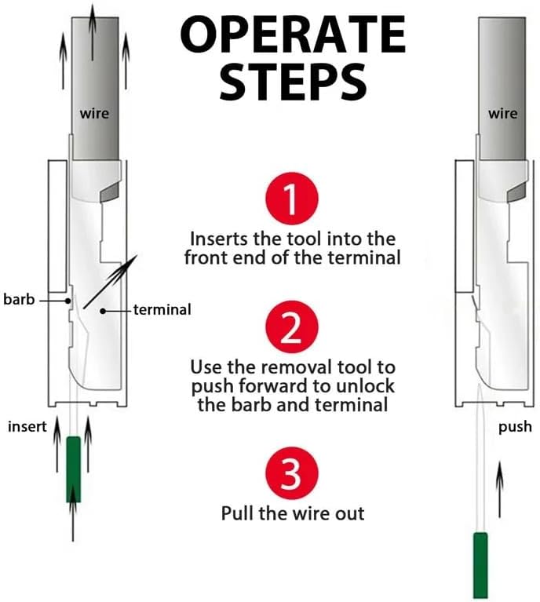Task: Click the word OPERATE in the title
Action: tap(293, 35)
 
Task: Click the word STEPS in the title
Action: tap(293, 82)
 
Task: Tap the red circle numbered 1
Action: tap(292, 198)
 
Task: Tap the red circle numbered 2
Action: tap(292, 327)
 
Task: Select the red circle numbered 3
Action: tap(292, 473)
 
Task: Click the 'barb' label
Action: tap(19, 299)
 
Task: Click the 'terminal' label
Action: tap(162, 309)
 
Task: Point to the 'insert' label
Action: tap(27, 426)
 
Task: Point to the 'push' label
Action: tap(515, 427)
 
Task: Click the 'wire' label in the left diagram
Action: tap(94, 114)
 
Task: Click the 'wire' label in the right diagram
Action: tap(503, 114)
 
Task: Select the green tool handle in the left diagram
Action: tap(73, 469)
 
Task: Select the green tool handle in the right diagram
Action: tap(480, 565)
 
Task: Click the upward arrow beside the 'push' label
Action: tap(500, 489)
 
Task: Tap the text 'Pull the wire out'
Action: tap(293, 513)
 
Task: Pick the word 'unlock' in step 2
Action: tap(365, 386)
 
